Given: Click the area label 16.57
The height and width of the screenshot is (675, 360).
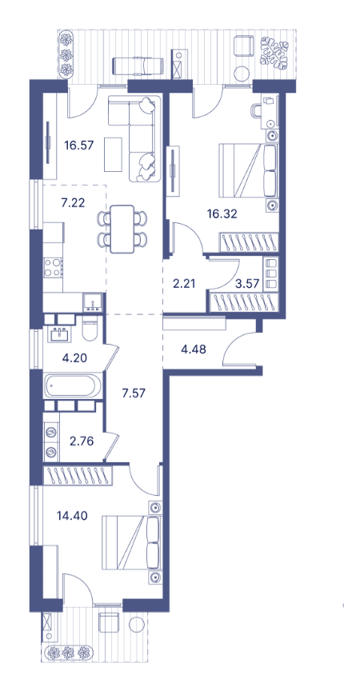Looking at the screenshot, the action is pos(79,145).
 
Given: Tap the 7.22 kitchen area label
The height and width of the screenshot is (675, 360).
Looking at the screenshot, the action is pos(73,203).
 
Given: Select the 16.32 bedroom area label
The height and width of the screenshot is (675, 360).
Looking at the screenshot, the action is pos(222,214).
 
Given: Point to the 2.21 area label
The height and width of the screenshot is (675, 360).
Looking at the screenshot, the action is pos(184,284).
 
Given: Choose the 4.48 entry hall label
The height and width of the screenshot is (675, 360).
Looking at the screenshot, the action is pos(194,349).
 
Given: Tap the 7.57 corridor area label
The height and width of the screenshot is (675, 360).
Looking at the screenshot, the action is pos(134,393).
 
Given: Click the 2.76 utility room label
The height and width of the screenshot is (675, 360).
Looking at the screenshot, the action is pos(82,441).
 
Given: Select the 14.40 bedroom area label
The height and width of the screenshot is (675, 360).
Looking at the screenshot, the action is pos(72,515).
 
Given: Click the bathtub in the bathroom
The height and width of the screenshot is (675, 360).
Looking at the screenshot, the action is pos(73,385).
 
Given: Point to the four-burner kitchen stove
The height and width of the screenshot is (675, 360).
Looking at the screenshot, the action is pos(54,266).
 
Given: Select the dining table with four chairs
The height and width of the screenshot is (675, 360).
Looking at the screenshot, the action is pos(122,229).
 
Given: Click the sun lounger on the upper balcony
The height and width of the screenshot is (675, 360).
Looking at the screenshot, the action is pos(137,66).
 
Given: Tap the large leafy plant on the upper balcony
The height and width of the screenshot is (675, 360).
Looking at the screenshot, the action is pos(274,52).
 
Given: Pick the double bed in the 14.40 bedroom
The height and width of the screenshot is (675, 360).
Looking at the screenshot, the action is pos(131,542).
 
